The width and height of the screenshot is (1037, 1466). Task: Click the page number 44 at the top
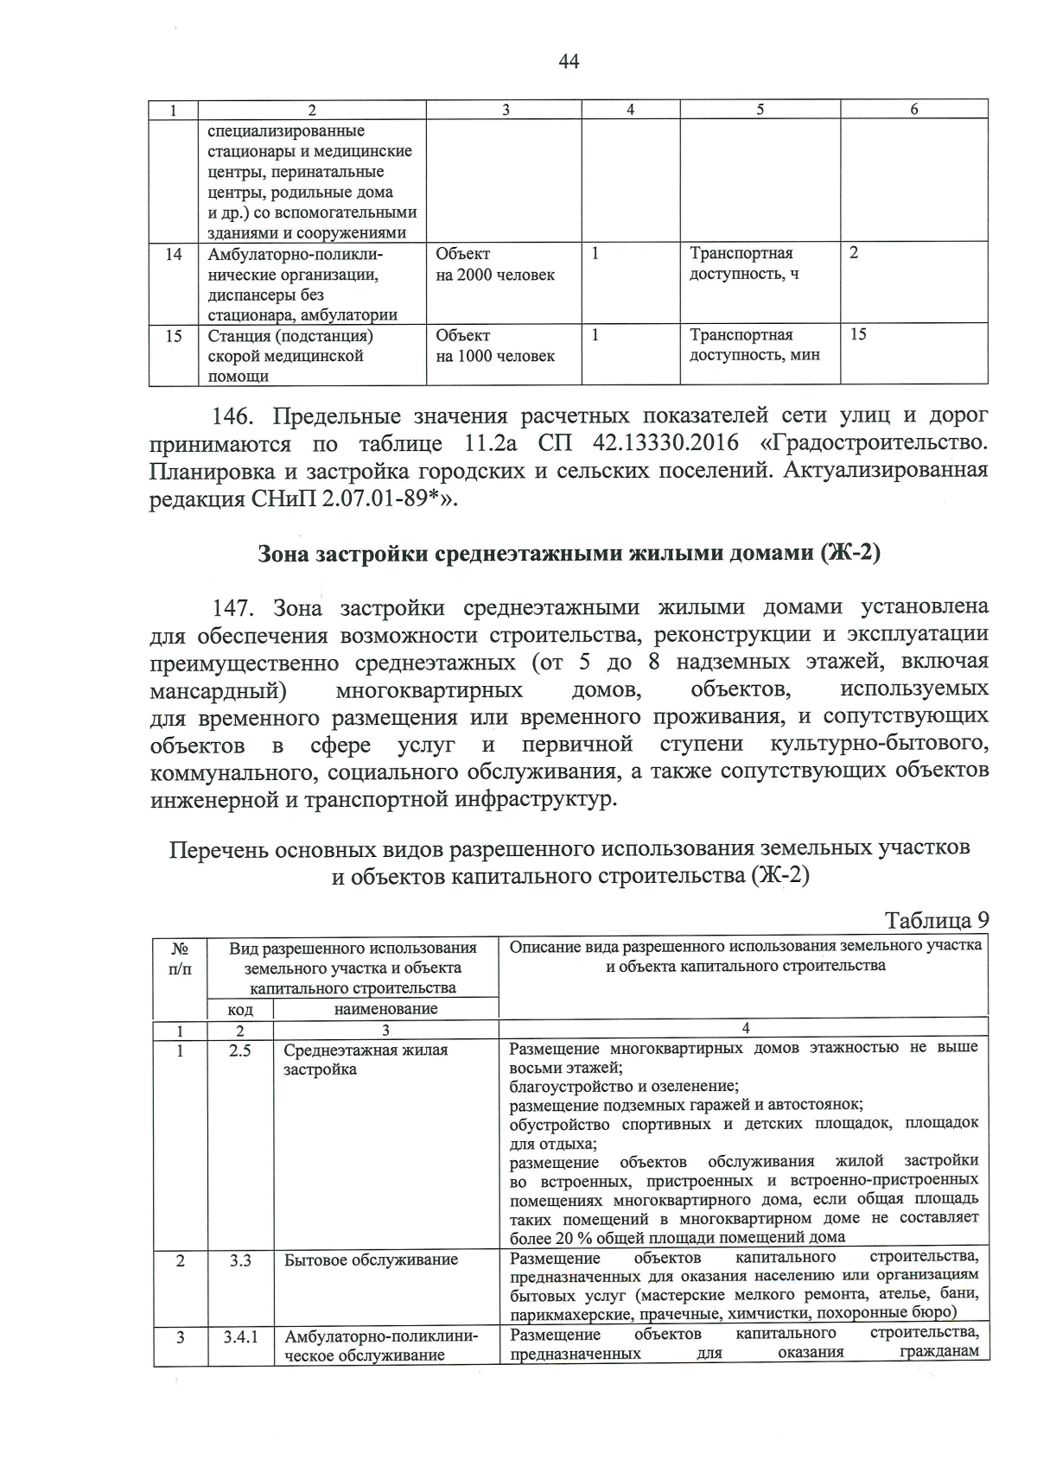pos(569,61)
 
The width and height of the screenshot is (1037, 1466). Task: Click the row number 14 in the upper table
pos(173,254)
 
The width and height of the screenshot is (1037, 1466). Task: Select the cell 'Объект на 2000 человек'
pos(494,264)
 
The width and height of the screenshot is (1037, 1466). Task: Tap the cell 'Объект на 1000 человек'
pos(494,346)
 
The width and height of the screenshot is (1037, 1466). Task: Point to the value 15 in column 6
pos(857,335)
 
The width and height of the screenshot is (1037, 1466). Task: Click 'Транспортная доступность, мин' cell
pos(754,346)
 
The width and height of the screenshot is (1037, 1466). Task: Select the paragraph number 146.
pos(232,416)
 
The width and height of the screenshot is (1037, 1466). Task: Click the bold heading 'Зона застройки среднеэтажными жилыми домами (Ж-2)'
pos(569,554)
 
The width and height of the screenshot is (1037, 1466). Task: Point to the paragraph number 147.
pos(232,608)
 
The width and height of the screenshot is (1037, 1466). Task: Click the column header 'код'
pos(240,1009)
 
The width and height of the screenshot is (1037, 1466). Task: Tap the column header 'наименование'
pos(385,1009)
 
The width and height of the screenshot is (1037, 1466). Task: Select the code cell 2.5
pos(240,1050)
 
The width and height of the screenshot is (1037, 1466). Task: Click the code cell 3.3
pos(240,1260)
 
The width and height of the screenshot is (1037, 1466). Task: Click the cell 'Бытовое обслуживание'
pos(371,1260)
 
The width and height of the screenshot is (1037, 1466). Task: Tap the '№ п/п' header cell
pos(180,957)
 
